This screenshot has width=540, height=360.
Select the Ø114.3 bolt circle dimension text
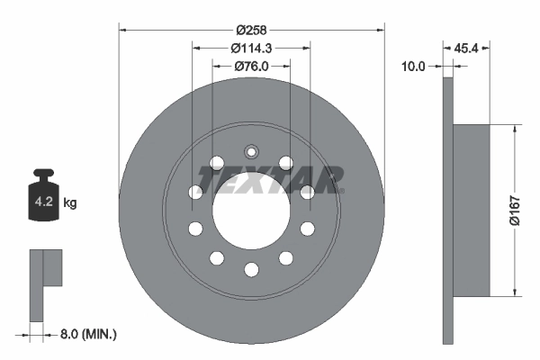pos(251,48)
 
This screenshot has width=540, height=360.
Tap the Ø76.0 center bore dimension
pos(251,65)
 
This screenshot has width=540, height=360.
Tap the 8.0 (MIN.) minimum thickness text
pos(86,334)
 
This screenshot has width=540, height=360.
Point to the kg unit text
pos(70,203)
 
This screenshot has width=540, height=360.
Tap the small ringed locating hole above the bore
pos(251,150)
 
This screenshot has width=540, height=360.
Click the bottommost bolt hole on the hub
pos(251,268)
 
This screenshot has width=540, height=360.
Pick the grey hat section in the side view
pos(471,209)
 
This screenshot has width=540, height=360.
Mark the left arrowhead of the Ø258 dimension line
pos(123,30)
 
